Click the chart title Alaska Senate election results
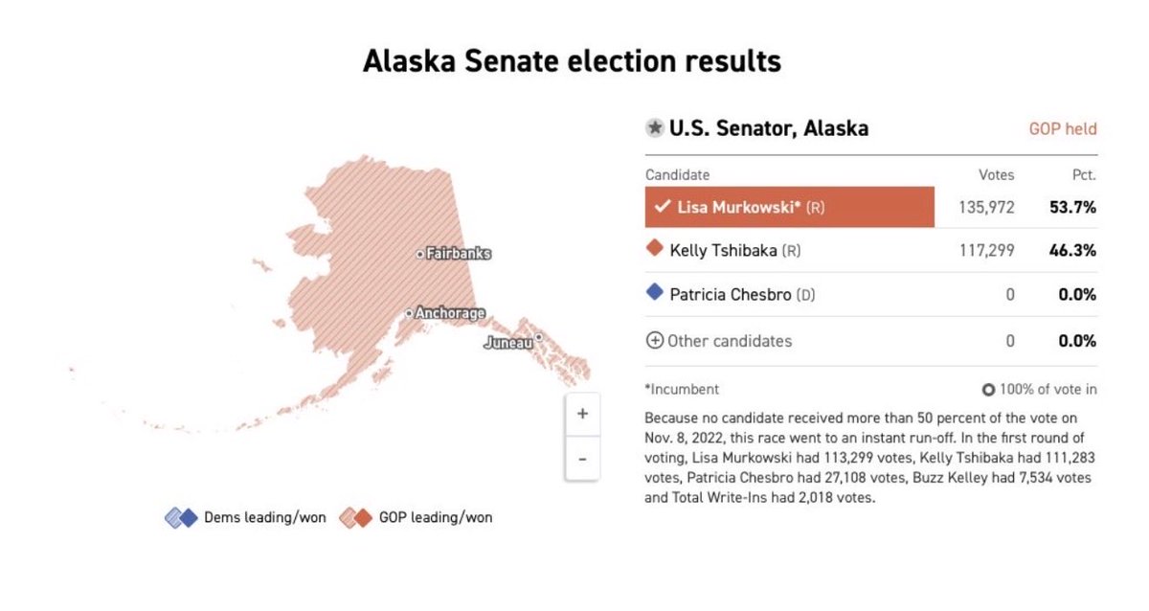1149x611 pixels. [x=572, y=61]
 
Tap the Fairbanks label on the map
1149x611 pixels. [x=458, y=254]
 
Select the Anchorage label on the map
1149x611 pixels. [x=449, y=313]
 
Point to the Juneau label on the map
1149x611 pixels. [x=508, y=343]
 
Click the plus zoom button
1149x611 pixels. [x=582, y=415]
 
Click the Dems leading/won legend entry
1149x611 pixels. [x=247, y=517]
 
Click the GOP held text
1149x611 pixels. [x=1063, y=128]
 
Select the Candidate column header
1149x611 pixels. [x=678, y=175]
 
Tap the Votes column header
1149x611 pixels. [x=996, y=175]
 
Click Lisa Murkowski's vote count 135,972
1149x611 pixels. [x=986, y=207]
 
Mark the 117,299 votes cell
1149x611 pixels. [x=986, y=251]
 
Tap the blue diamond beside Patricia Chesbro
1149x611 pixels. [x=655, y=293]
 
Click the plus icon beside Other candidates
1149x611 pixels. [x=655, y=340]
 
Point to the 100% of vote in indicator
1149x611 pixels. [x=1040, y=390]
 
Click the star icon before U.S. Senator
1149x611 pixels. [x=655, y=127]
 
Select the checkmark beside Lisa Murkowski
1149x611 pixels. [x=661, y=207]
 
